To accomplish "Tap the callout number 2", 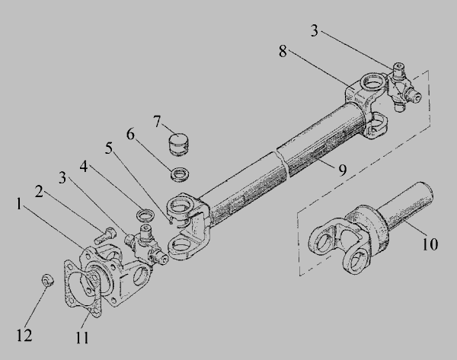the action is pyautogui.click(x=39, y=192).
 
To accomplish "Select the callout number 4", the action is pyautogui.click(x=84, y=167).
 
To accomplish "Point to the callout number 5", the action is pyautogui.click(x=109, y=148).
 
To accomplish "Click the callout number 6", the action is pyautogui.click(x=130, y=134).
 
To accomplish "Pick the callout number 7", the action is pyautogui.click(x=157, y=122).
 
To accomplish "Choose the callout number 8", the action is pyautogui.click(x=283, y=51).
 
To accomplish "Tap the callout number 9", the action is pyautogui.click(x=343, y=170).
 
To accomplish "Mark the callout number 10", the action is pyautogui.click(x=430, y=244).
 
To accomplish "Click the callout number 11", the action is pyautogui.click(x=82, y=338).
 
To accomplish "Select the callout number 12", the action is pyautogui.click(x=24, y=335).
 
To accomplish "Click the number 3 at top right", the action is pyautogui.click(x=314, y=30).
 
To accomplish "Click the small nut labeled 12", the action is pyautogui.click(x=48, y=280).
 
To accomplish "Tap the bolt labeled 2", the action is pyautogui.click(x=105, y=235).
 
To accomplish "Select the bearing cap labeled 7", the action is pyautogui.click(x=179, y=145).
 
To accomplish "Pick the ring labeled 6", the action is pyautogui.click(x=180, y=174).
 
